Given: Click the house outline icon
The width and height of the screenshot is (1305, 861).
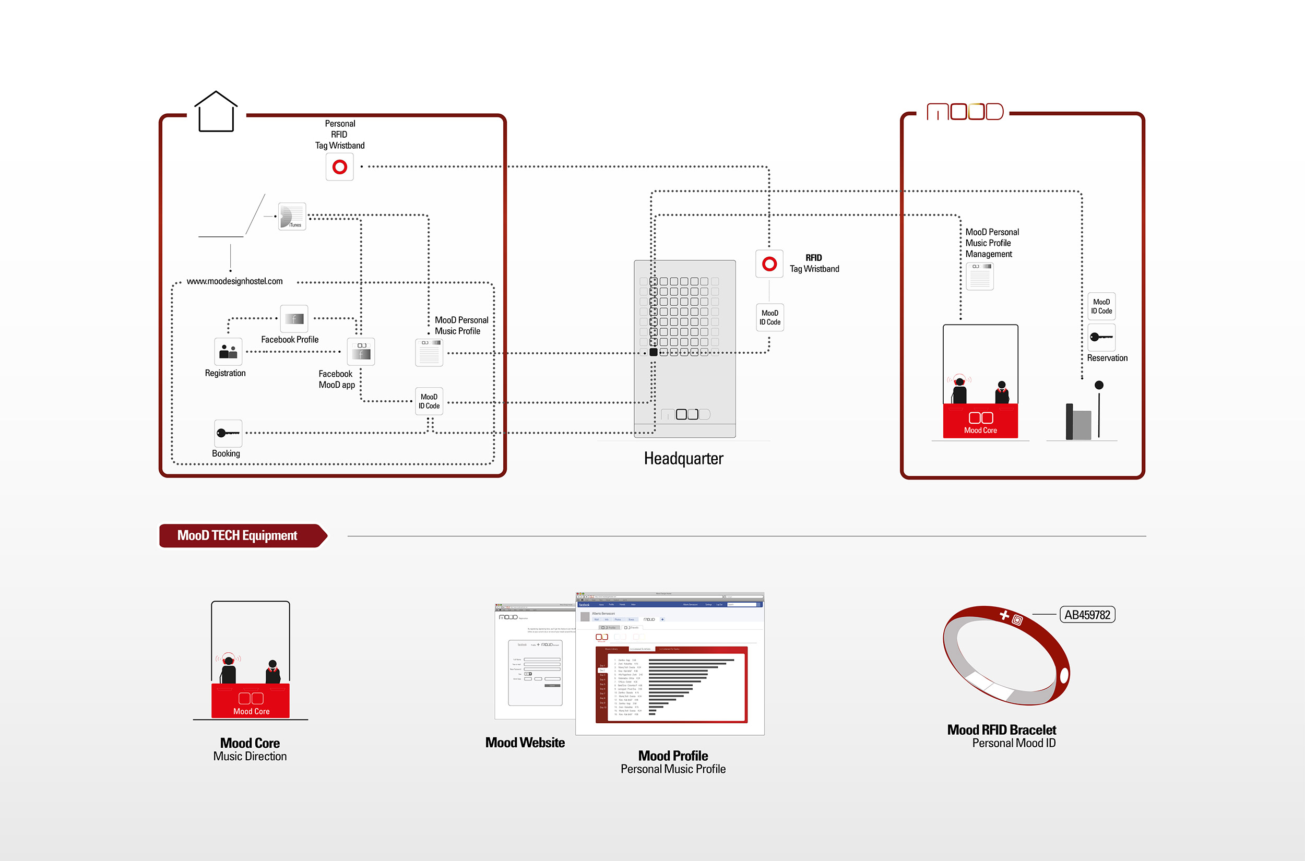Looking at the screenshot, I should pos(216,112).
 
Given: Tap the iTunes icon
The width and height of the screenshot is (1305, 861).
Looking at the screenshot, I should pos(292,217).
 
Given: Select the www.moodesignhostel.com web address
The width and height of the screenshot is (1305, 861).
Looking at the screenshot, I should pos(234,281).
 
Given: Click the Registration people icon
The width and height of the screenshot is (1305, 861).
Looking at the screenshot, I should pos(228,351).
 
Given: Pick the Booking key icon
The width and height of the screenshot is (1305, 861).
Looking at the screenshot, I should pos(228,433).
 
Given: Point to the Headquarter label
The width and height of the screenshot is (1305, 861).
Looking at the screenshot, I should pos(683,459).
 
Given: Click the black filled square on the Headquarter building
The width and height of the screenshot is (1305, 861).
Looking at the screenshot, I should pos(653,353).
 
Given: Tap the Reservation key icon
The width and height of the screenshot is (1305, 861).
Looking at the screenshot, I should pos(1101,337).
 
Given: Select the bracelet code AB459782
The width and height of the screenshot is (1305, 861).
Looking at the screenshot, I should pos(1087,615).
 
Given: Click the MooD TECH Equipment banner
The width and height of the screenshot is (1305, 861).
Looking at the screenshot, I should pos(238,535).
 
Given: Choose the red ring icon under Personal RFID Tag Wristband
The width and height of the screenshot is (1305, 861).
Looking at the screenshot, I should pos(339,167).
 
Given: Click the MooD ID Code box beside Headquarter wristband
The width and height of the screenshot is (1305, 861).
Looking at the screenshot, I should pos(769,317).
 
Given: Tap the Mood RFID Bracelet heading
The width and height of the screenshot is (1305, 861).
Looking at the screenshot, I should pos(1001,730).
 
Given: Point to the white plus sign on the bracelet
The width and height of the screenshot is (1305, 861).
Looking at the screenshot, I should pos(1004,615).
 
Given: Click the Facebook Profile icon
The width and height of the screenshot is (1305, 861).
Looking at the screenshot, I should pos(294,318).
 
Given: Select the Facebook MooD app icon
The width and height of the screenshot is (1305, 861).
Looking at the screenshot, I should pos(361,351).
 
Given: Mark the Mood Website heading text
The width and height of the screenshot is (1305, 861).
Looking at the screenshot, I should pos(525,743).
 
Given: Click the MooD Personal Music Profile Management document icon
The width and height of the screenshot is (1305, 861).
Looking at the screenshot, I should pos(980,276).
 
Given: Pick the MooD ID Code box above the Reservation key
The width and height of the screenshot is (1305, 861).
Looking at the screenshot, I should pos(1101,306).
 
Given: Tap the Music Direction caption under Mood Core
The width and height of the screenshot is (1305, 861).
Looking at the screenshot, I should pos(250,756).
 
